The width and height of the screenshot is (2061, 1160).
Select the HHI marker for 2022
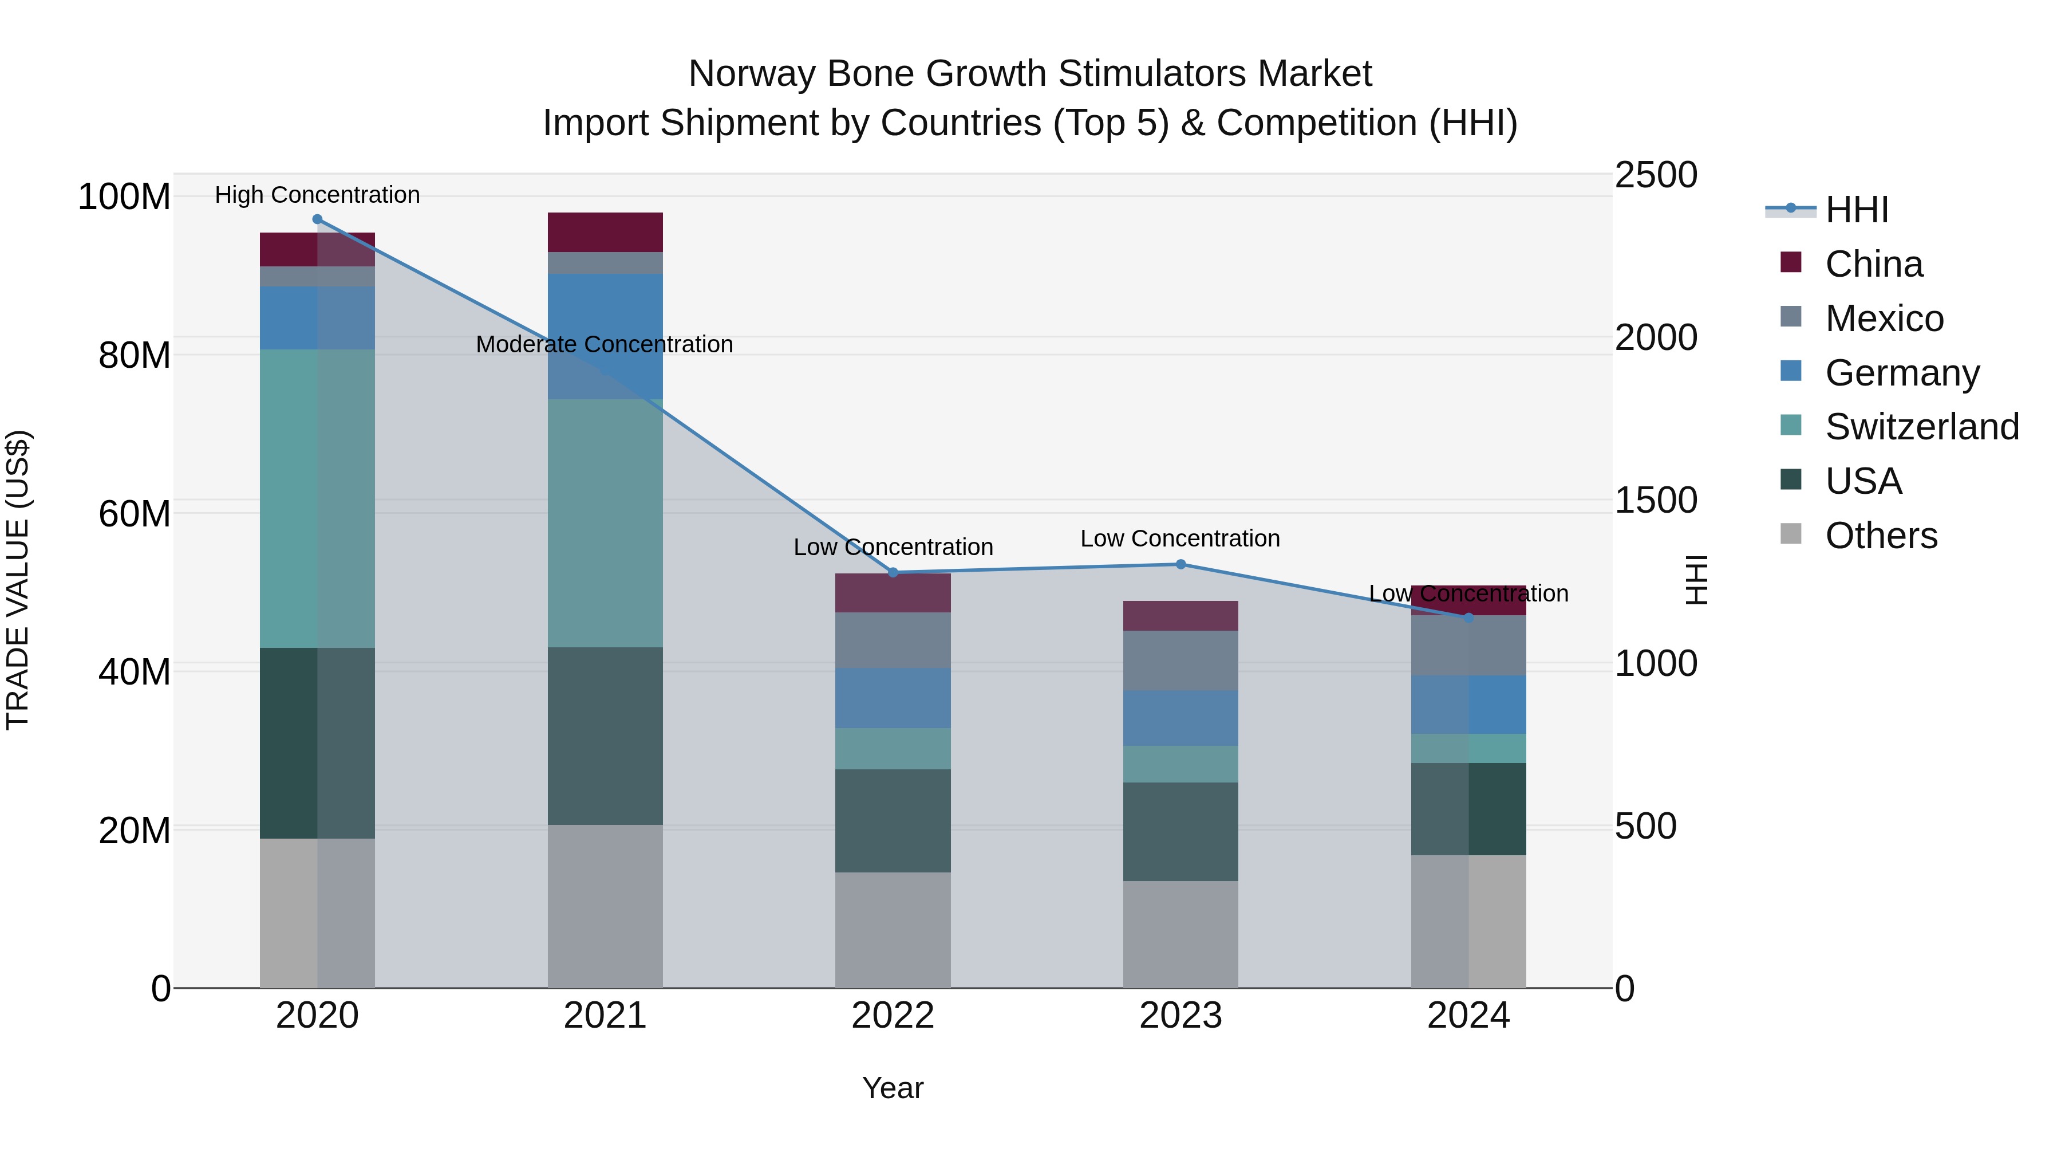click(x=893, y=572)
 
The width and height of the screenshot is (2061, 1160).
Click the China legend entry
click(x=1873, y=264)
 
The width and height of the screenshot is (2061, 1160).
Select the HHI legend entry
click(x=1856, y=210)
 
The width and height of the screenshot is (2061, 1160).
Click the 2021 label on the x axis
click(x=605, y=1016)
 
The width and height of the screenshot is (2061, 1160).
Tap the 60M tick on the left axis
click(x=135, y=513)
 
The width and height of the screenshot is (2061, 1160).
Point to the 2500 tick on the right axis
click(x=1655, y=175)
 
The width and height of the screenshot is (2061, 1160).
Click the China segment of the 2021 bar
click(x=605, y=232)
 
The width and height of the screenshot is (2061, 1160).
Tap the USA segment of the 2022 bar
click(x=893, y=820)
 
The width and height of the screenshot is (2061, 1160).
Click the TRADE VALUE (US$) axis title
click(x=18, y=580)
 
